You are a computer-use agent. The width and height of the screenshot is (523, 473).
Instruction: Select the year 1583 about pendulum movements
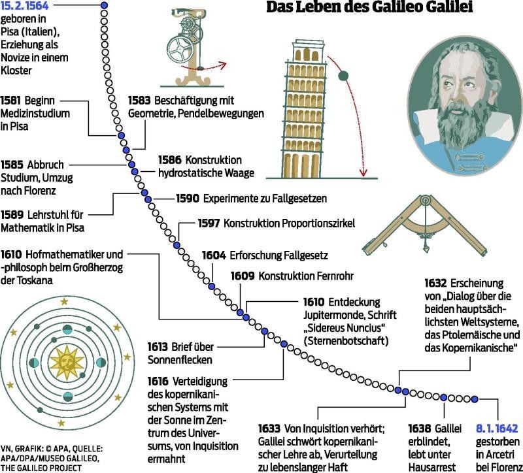[x=140, y=101]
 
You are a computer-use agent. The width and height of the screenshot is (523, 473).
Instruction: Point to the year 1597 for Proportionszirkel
[x=209, y=223]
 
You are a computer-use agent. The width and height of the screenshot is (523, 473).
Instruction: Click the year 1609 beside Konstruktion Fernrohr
[x=243, y=276]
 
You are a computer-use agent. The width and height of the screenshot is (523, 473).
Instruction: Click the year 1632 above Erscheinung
[x=435, y=283]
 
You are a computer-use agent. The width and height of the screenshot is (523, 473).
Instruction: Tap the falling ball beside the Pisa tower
[x=343, y=76]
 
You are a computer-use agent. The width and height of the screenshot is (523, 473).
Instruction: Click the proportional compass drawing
[x=418, y=225]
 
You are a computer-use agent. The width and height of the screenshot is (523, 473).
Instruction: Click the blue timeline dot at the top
[x=103, y=6]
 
